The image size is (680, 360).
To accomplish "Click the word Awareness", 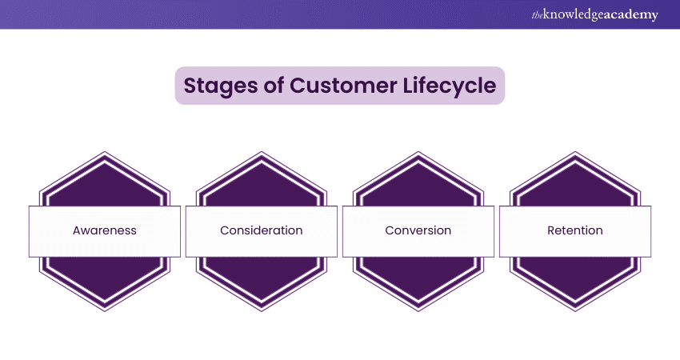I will pos(105,230).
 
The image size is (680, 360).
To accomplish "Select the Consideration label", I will pos(262,230).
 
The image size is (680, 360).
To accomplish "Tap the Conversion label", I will pos(418,230).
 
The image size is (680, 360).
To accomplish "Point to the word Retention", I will pos(575,230).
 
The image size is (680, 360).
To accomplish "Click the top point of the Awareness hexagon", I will pos(105,151).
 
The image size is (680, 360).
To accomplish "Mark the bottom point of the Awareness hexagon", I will pos(105,310).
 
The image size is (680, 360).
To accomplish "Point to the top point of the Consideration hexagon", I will pos(262,151).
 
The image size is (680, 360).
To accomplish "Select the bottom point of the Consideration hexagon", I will pos(262,310).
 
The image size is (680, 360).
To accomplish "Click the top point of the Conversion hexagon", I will pos(418,151).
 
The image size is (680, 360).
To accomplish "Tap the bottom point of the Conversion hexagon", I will pos(418,310).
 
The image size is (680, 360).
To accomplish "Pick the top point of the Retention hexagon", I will pos(575,151).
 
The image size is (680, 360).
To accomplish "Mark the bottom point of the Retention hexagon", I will pos(575,310).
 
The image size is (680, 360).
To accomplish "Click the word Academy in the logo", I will pos(631,14).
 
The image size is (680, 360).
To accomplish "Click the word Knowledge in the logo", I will pos(575,14).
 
